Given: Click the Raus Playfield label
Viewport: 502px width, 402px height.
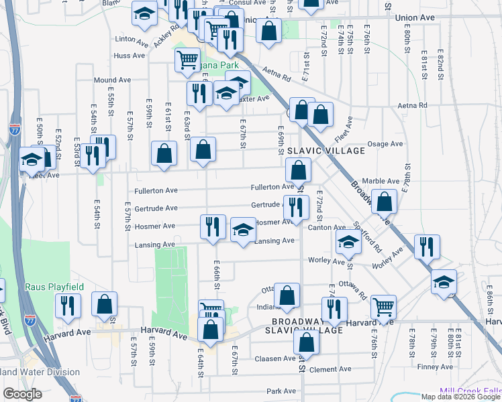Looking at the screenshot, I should [54, 287].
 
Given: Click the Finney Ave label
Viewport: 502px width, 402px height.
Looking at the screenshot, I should [436, 366].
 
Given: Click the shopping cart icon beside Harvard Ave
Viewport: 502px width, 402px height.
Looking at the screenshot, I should [383, 306].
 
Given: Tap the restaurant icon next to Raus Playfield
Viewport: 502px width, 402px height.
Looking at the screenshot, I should [68, 304].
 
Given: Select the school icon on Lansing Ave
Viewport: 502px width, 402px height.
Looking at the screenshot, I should [243, 230].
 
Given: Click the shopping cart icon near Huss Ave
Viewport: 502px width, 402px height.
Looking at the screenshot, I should [187, 58].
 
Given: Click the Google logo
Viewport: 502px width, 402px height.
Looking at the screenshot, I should [23, 394].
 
